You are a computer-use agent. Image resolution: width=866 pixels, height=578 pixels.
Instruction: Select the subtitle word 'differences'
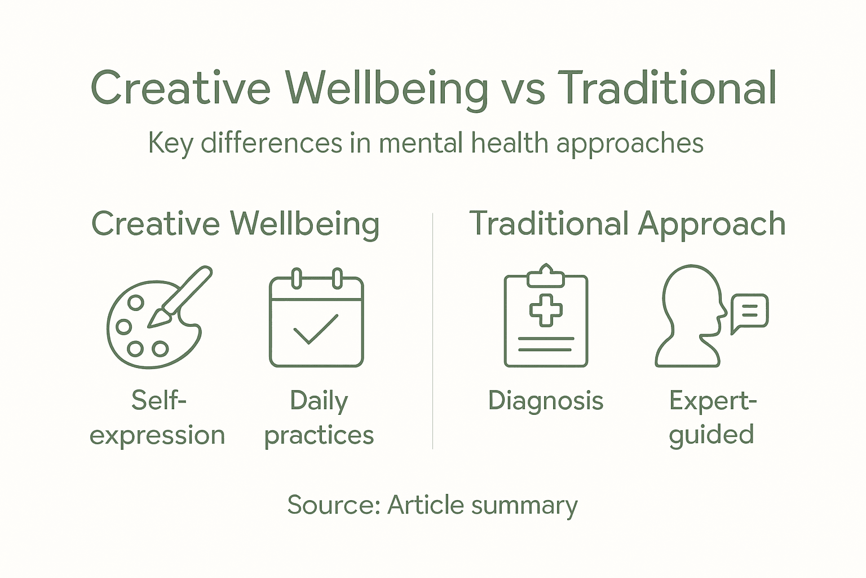coord(271,143)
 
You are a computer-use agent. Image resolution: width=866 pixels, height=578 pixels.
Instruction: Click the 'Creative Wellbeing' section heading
coord(235,224)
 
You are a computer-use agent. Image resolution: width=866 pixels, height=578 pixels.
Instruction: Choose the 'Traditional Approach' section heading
coord(627,224)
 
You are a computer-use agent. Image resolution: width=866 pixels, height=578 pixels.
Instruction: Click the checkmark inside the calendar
coord(316,329)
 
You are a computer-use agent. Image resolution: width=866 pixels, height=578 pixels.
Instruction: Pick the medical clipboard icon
coord(545,316)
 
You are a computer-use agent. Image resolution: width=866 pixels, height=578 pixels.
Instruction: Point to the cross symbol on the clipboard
coord(545,309)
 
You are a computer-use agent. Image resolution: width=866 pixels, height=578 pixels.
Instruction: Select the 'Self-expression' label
coord(157,418)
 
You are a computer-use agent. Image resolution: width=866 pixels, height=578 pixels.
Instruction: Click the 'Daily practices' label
coord(319,418)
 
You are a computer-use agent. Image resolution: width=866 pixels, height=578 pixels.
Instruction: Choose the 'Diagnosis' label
coord(545,401)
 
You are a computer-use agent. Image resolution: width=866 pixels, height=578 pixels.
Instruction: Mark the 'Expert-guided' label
coord(712,418)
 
